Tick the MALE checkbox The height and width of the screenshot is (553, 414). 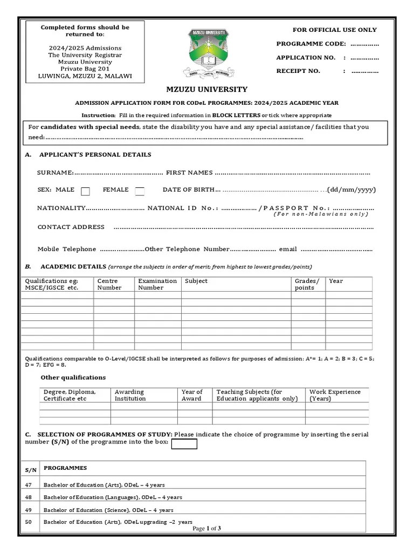click(x=85, y=191)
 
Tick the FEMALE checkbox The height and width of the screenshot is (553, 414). click(x=140, y=191)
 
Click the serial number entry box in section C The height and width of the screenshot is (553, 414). click(x=184, y=444)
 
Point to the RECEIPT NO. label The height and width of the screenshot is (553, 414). click(x=298, y=71)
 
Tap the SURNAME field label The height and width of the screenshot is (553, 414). click(x=55, y=172)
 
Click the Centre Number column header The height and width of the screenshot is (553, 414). click(x=107, y=284)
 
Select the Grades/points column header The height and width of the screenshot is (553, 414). click(x=307, y=284)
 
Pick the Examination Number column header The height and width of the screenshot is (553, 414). click(x=157, y=284)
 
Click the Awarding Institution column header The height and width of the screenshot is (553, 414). click(x=130, y=395)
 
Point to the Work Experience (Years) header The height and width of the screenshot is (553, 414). click(x=335, y=395)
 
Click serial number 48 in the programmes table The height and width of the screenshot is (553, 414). click(x=29, y=497)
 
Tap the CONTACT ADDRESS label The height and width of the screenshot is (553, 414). click(x=71, y=227)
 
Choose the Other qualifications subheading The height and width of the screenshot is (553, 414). click(x=73, y=377)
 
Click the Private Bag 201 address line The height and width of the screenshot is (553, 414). click(x=85, y=69)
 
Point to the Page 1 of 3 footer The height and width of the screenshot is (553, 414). click(x=206, y=529)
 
